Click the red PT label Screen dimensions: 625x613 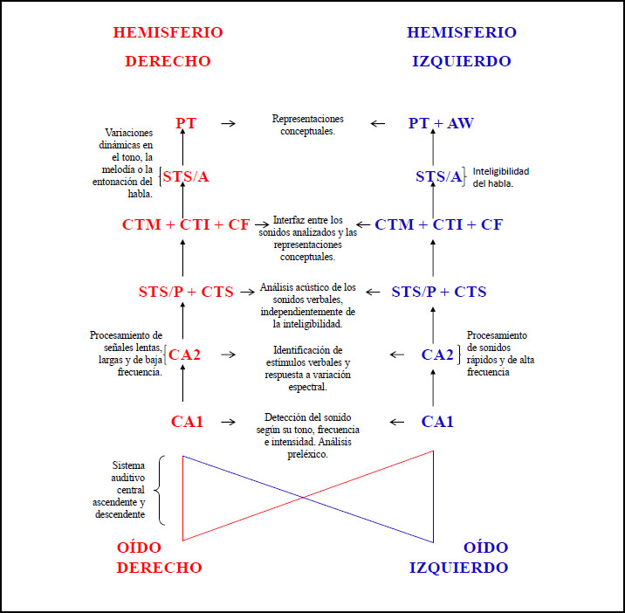pyautogui.click(x=186, y=123)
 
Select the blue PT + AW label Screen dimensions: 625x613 pyautogui.click(x=441, y=123)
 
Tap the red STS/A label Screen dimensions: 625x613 pyautogui.click(x=186, y=176)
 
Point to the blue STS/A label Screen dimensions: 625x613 pyautogui.click(x=438, y=176)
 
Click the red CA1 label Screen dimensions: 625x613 pyautogui.click(x=187, y=422)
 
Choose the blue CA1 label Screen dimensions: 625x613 pyautogui.click(x=437, y=422)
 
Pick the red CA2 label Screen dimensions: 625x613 pyautogui.click(x=184, y=355)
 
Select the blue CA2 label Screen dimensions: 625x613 pyautogui.click(x=437, y=355)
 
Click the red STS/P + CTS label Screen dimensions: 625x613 pyautogui.click(x=186, y=292)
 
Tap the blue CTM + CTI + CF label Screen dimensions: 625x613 pyautogui.click(x=438, y=224)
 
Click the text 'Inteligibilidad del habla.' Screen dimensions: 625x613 pyautogui.click(x=501, y=177)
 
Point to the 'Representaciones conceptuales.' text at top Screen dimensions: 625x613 pyautogui.click(x=308, y=125)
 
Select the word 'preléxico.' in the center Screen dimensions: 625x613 pyautogui.click(x=308, y=454)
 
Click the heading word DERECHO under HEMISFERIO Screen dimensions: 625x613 pyautogui.click(x=168, y=61)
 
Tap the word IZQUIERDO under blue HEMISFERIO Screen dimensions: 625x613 pyautogui.click(x=462, y=61)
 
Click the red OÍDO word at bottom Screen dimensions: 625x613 pyautogui.click(x=139, y=548)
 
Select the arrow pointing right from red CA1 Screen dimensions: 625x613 pyautogui.click(x=229, y=422)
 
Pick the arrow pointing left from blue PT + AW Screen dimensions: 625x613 pyautogui.click(x=377, y=124)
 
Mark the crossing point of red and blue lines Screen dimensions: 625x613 pyautogui.click(x=303, y=498)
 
